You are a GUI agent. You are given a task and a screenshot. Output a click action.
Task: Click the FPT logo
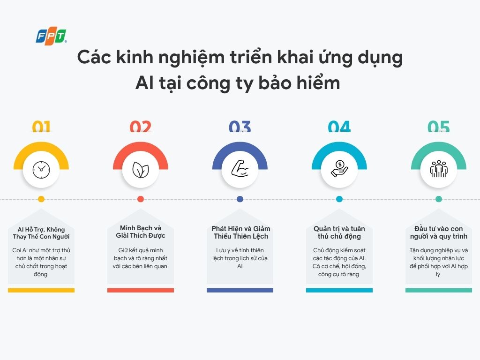pos(51,36)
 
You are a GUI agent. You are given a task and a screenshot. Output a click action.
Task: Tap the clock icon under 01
pos(41,170)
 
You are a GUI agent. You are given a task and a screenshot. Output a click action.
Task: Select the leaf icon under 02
pos(140,170)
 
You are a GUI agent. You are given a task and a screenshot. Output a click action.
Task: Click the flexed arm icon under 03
pos(240,170)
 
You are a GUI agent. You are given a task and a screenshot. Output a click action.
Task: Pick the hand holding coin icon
pos(339,170)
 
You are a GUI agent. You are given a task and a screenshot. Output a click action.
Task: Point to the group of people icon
pos(438,170)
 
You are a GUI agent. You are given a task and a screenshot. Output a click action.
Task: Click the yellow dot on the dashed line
pos(41,199)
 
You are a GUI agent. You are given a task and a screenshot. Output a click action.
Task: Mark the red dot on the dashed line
pos(141,199)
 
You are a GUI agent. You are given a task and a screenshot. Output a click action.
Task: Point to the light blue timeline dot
pos(339,199)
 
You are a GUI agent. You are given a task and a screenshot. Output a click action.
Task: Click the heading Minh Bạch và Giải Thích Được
pos(141,232)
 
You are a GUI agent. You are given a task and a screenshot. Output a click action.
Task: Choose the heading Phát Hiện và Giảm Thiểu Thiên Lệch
pos(240,232)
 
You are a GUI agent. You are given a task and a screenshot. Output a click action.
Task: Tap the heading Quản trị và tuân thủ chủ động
pos(339,232)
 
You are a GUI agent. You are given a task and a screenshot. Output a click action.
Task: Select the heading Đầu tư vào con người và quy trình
pos(439,232)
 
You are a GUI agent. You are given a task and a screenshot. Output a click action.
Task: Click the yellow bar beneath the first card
pos(41,290)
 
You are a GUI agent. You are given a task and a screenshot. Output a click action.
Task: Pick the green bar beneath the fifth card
pos(439,290)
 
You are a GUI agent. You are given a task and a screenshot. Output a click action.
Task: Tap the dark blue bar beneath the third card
pos(240,290)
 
